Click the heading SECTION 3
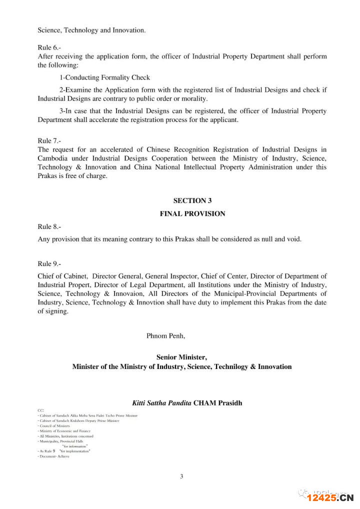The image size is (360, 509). tap(192, 200)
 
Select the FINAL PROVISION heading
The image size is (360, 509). tap(192, 213)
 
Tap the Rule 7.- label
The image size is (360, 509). tap(49, 141)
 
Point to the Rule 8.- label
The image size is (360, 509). tap(49, 226)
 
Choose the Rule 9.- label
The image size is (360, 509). tap(49, 263)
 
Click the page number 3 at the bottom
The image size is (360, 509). tap(181, 476)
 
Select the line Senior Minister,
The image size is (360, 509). tap(181, 357)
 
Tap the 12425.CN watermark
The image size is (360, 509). tap(330, 497)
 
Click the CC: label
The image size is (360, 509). tap(40, 410)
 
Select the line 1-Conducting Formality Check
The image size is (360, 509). tap(104, 77)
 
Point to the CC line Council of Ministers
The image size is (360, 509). tap(55, 425)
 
